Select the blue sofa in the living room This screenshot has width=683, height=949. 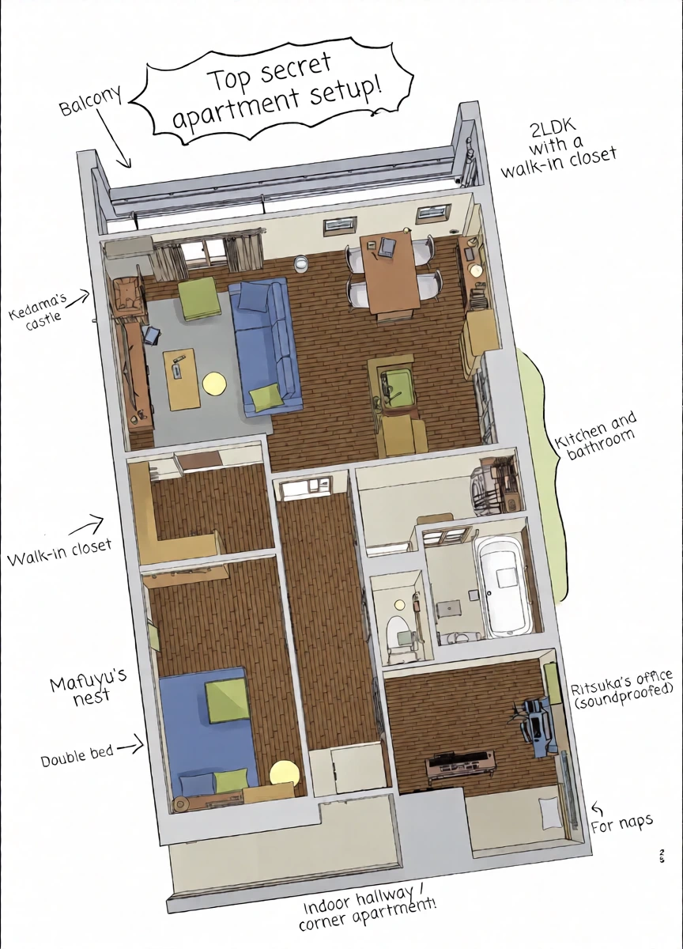click(x=265, y=345)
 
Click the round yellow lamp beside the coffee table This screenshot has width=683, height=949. click(x=214, y=384)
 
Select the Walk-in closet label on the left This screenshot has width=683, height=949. click(x=60, y=553)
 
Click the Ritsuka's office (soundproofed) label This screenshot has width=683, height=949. click(x=621, y=689)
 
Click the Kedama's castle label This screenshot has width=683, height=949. click(x=38, y=308)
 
